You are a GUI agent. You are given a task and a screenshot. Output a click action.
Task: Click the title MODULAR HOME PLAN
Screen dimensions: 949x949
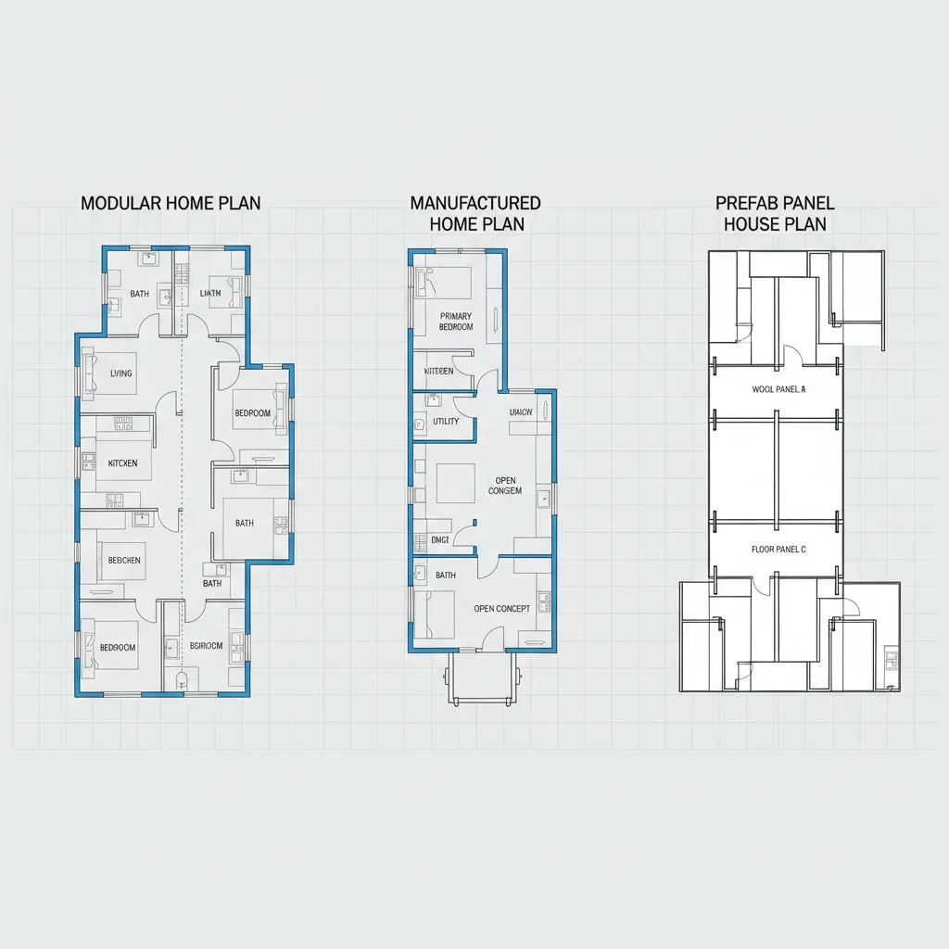click(171, 203)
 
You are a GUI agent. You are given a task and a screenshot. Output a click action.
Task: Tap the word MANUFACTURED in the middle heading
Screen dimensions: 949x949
click(475, 203)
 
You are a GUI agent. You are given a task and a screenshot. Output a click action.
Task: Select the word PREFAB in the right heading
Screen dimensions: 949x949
click(747, 203)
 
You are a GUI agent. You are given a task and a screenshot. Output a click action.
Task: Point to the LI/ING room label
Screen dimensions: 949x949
click(121, 373)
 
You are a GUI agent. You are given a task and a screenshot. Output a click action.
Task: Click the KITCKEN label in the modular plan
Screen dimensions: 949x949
click(122, 462)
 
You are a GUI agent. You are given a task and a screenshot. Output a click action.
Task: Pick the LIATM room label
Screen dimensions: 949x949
click(211, 294)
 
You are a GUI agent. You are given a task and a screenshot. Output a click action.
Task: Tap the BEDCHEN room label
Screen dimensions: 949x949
click(124, 561)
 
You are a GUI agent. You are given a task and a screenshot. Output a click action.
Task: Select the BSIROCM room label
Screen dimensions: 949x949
click(206, 646)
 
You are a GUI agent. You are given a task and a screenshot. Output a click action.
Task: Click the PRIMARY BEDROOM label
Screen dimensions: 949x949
click(455, 322)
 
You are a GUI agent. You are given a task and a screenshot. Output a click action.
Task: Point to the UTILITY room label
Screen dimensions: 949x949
click(446, 422)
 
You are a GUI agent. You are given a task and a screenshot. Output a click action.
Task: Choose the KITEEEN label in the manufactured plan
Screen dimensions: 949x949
click(438, 371)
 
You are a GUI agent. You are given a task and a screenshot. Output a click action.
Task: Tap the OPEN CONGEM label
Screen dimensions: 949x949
click(505, 486)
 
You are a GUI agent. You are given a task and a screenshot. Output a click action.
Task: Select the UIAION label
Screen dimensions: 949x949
click(521, 411)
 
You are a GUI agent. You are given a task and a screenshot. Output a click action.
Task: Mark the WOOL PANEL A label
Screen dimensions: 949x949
click(778, 390)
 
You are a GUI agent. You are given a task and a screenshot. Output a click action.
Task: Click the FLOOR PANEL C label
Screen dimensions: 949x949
click(778, 550)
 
